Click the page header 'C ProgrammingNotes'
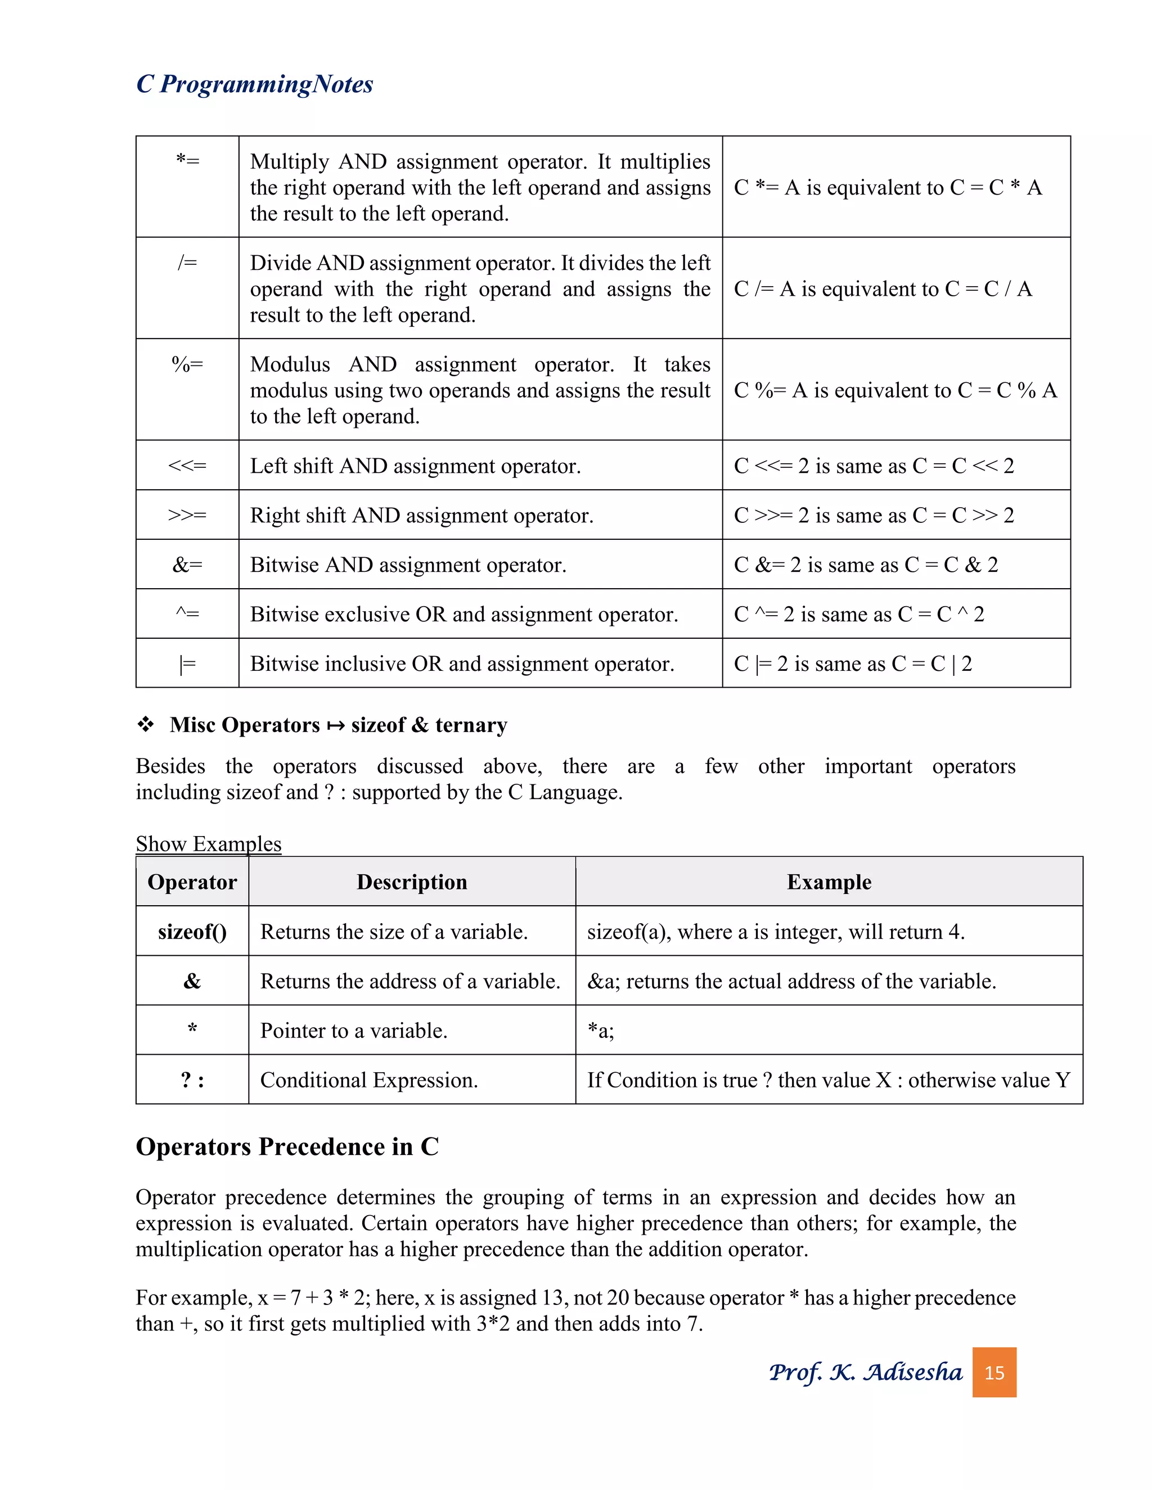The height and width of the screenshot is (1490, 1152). (x=255, y=84)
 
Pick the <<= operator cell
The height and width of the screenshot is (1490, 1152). (x=188, y=466)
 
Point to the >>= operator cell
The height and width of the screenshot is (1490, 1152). (x=188, y=515)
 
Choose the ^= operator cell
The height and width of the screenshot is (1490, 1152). (x=188, y=614)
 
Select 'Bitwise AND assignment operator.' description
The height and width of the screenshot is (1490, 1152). (x=408, y=565)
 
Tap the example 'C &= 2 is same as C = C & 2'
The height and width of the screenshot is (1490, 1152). (x=865, y=565)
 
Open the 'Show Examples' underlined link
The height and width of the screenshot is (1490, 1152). (x=208, y=844)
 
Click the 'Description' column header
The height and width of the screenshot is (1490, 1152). (x=412, y=882)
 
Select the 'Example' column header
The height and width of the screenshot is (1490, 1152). (x=829, y=882)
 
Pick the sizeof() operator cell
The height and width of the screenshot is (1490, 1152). (x=192, y=932)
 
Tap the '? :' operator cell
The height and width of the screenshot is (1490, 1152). (x=192, y=1080)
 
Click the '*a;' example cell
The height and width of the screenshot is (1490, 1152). (x=601, y=1031)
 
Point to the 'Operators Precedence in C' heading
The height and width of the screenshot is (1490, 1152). (x=287, y=1147)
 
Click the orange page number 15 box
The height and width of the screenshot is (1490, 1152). (x=994, y=1372)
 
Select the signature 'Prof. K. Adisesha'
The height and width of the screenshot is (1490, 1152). (x=865, y=1372)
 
